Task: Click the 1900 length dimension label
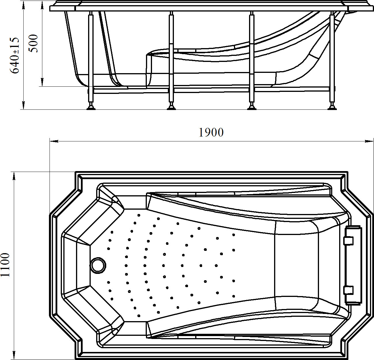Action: (x=211, y=132)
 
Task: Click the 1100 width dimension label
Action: (x=5, y=265)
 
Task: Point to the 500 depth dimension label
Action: (x=33, y=43)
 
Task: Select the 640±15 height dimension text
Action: (x=15, y=55)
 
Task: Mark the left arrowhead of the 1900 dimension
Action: (x=54, y=141)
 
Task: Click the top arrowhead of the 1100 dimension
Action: (x=14, y=176)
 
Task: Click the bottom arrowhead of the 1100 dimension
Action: (x=14, y=355)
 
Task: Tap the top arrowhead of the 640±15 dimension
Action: (x=23, y=5)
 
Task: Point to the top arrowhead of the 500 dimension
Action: (x=42, y=5)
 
